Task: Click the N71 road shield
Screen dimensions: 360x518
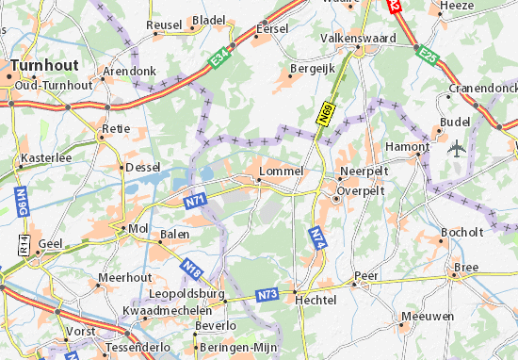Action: tap(195, 199)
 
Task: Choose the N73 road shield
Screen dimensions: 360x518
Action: tap(268, 294)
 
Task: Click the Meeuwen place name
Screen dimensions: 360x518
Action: tap(419, 317)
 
